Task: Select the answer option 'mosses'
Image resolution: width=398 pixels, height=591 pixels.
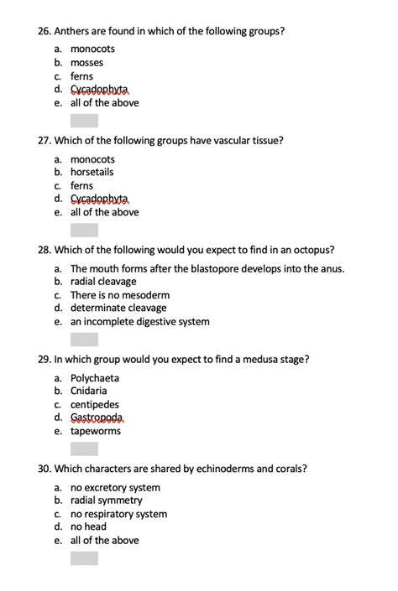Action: (x=87, y=63)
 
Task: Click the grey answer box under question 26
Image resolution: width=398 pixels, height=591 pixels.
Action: (x=84, y=121)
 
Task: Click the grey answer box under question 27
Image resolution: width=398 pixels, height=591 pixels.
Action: (x=84, y=230)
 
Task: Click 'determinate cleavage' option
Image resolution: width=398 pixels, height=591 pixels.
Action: (x=118, y=308)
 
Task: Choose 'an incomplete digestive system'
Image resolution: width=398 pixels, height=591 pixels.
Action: (x=140, y=321)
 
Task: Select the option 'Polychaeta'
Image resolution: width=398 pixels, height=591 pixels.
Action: (x=95, y=378)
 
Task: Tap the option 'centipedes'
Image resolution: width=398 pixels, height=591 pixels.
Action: (x=95, y=404)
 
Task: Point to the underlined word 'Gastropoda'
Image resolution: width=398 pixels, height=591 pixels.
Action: (x=97, y=417)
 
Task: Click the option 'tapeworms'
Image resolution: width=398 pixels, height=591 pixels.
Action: (x=96, y=431)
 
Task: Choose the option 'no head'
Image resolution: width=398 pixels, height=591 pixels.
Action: (x=88, y=526)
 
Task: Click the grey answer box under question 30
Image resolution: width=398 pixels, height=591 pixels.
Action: (x=84, y=558)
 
